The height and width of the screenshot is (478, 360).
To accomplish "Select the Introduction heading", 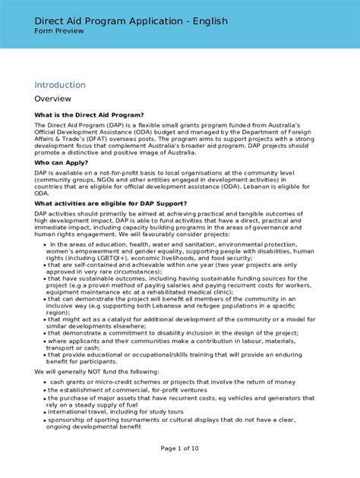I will [60, 84].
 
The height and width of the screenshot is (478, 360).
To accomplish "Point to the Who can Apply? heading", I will [64, 162].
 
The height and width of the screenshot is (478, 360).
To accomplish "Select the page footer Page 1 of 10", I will [180, 448].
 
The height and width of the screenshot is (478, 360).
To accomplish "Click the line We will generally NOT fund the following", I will [96, 372].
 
